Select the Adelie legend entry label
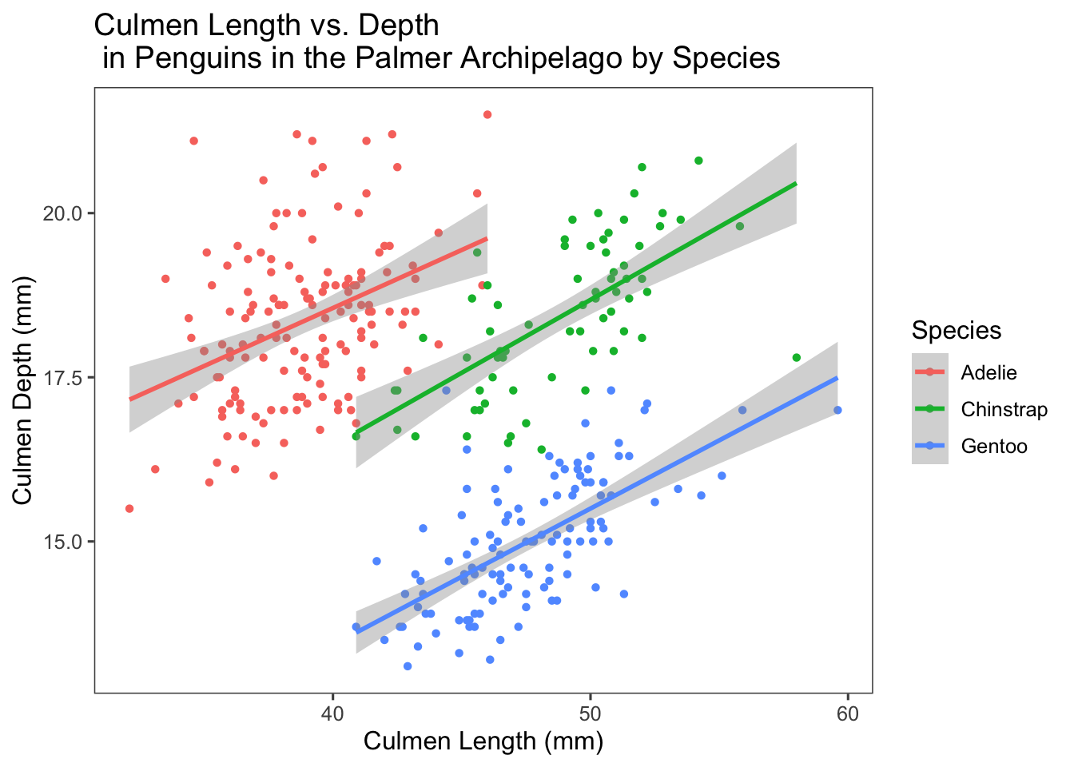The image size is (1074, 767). [x=988, y=373]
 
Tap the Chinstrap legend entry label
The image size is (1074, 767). [x=1004, y=410]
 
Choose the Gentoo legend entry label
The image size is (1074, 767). [x=994, y=447]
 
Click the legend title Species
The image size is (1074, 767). [x=956, y=331]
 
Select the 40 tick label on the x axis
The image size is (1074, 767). [x=332, y=713]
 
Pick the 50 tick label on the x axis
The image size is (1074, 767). [x=590, y=713]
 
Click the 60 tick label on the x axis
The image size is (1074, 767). [x=848, y=713]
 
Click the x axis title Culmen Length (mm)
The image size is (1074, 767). [x=483, y=741]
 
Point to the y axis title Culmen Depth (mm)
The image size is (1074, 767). [x=23, y=391]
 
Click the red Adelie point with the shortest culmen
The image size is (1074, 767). [x=129, y=509]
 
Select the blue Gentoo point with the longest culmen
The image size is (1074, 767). [x=837, y=411]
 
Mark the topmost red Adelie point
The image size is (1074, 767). [x=487, y=115]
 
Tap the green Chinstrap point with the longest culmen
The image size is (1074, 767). [x=796, y=358]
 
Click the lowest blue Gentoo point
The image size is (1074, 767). [x=408, y=666]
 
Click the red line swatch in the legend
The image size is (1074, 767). [x=929, y=373]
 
